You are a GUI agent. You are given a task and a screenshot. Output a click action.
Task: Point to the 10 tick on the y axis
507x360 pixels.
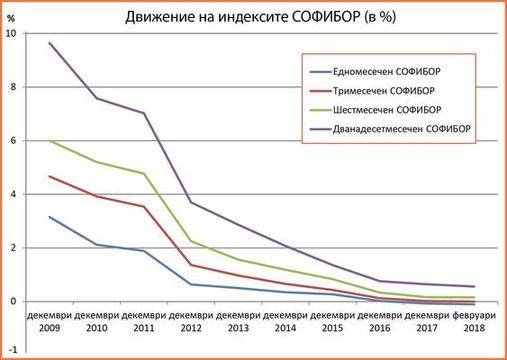pyautogui.click(x=11, y=34)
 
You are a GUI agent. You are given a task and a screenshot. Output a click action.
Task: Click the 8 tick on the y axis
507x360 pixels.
pyautogui.click(x=13, y=87)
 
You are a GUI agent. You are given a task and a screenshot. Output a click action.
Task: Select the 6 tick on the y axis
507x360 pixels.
pyautogui.click(x=13, y=141)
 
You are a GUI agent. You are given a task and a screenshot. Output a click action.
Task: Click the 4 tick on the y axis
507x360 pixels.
pyautogui.click(x=13, y=194)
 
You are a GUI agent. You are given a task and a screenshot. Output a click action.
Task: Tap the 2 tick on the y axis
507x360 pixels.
pyautogui.click(x=13, y=248)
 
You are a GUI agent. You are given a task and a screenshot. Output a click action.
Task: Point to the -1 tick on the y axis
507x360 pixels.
pyautogui.click(x=11, y=354)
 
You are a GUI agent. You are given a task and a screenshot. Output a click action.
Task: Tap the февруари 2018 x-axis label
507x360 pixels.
pyautogui.click(x=473, y=319)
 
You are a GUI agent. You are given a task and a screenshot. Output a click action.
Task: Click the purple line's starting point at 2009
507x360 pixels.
pyautogui.click(x=49, y=43)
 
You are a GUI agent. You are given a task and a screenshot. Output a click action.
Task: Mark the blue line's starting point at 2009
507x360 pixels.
pyautogui.click(x=49, y=216)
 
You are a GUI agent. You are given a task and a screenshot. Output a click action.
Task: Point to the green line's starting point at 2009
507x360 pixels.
pyautogui.click(x=49, y=140)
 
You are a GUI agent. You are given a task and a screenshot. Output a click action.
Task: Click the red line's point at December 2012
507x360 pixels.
pyautogui.click(x=190, y=265)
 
